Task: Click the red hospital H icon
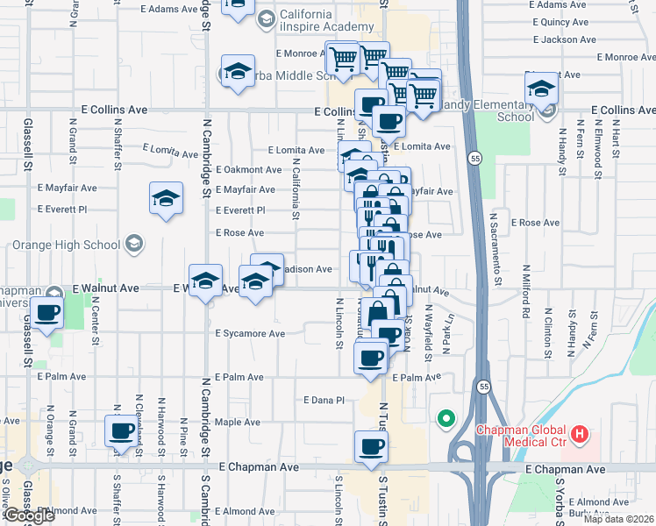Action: click(578, 433)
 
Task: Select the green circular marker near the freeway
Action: click(446, 419)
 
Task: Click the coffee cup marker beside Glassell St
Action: click(46, 312)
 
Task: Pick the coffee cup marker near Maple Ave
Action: click(122, 431)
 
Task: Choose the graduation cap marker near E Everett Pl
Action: click(165, 199)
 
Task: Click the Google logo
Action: click(28, 515)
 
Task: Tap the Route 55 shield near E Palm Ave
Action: click(483, 387)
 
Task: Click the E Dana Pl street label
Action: click(324, 400)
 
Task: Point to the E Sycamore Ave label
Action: click(250, 333)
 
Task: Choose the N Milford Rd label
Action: click(526, 290)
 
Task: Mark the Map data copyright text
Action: click(619, 519)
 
